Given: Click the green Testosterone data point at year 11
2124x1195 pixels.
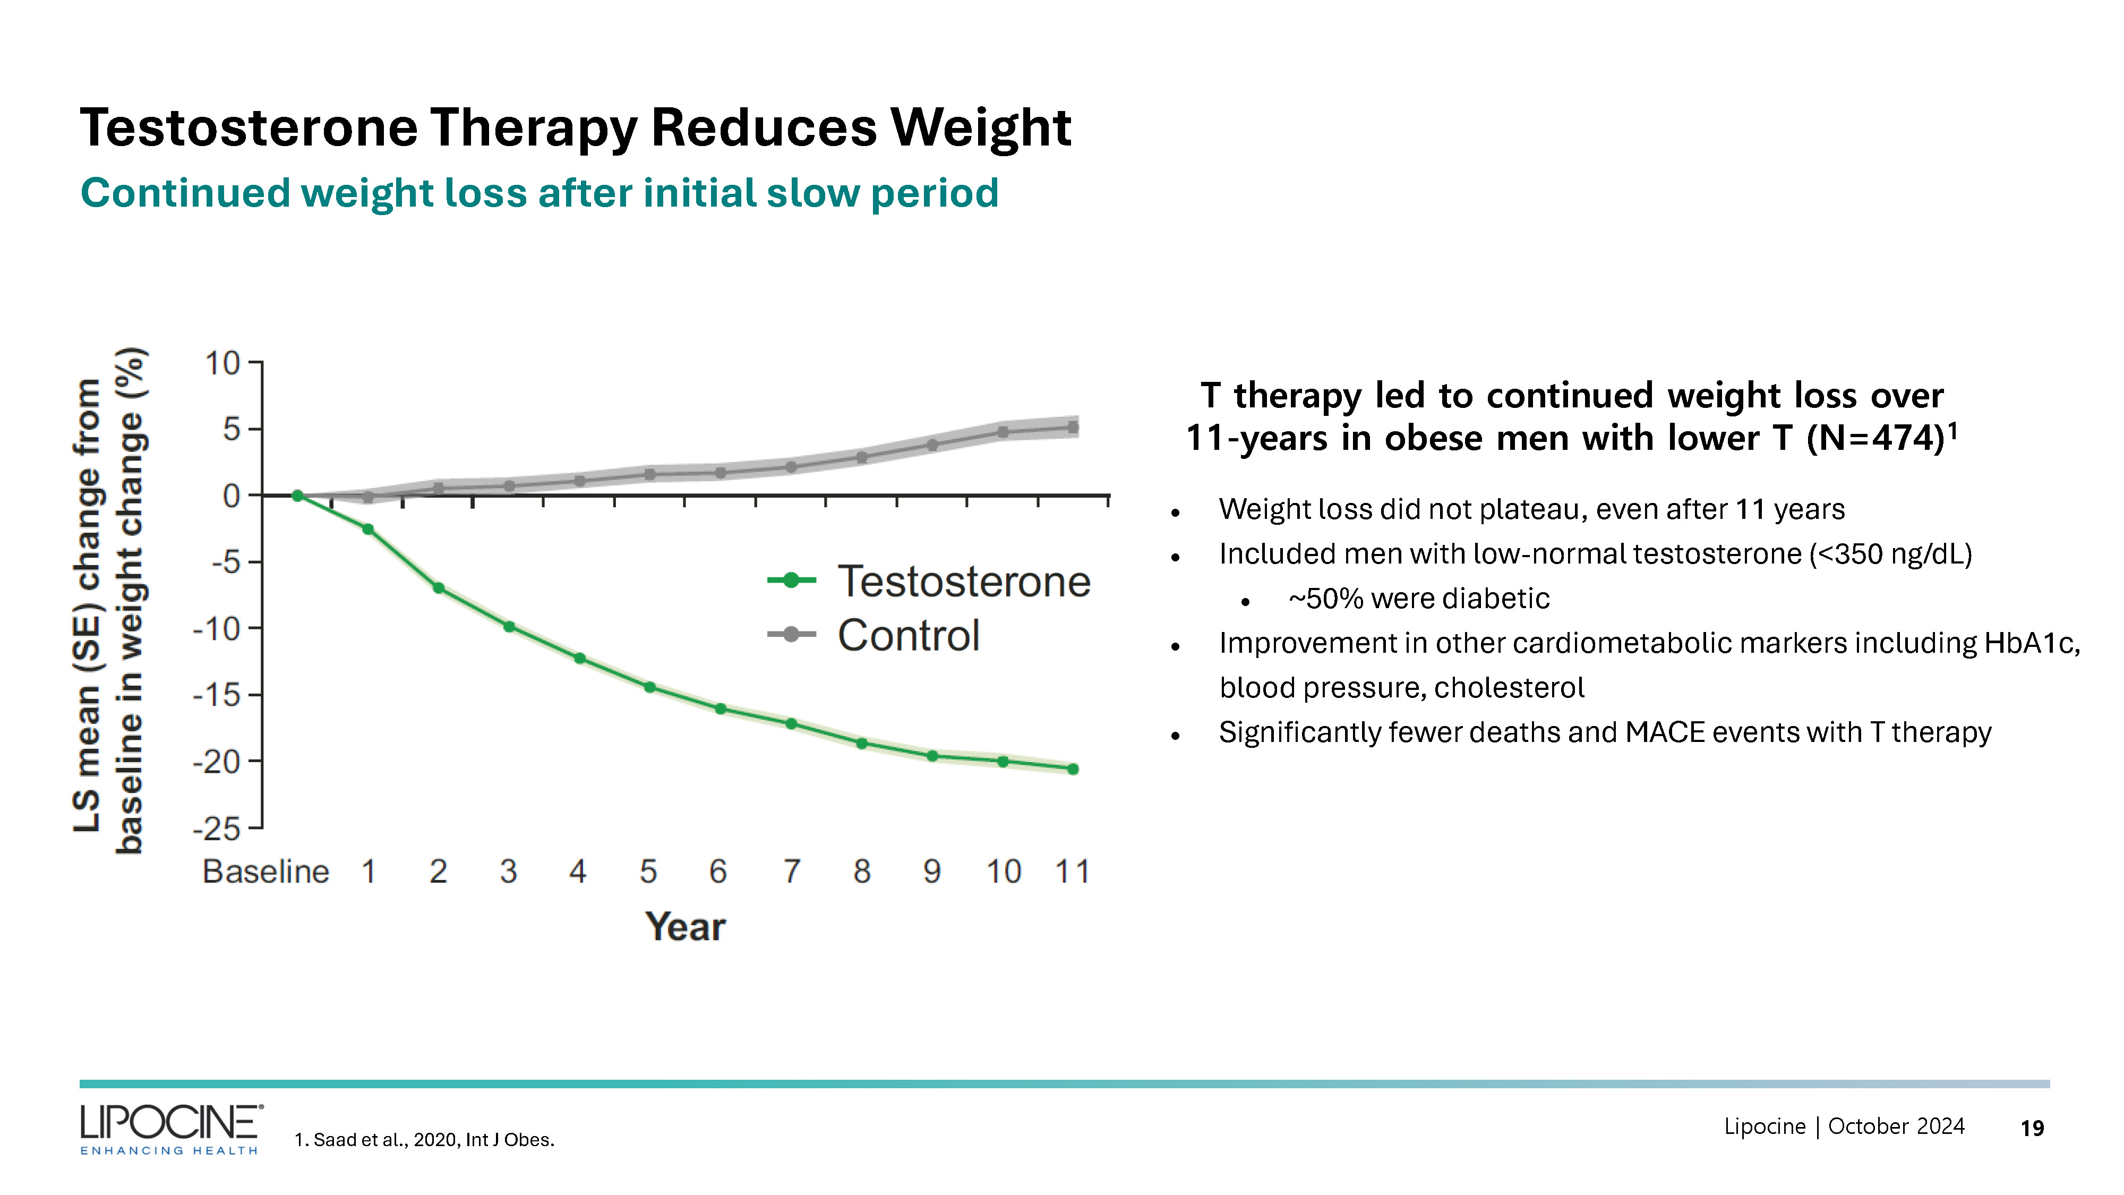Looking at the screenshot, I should pyautogui.click(x=1073, y=769).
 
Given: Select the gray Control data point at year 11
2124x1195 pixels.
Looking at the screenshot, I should pyautogui.click(x=1073, y=427).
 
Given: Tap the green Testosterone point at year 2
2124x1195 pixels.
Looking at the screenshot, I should pyautogui.click(x=439, y=588).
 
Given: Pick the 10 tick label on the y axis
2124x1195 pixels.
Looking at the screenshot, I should pyautogui.click(x=222, y=363).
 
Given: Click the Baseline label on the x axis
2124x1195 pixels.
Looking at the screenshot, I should pyautogui.click(x=265, y=872).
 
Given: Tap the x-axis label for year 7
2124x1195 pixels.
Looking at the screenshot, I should pyautogui.click(x=792, y=872).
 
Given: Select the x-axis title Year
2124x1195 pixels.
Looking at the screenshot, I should pyautogui.click(x=685, y=926).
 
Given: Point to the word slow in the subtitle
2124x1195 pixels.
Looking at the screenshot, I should pyautogui.click(x=812, y=193).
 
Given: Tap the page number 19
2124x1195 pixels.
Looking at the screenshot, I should pyautogui.click(x=2032, y=1128).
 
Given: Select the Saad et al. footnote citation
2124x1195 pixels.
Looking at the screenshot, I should pyautogui.click(x=425, y=1140).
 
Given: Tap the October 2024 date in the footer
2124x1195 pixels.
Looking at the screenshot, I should pyautogui.click(x=1896, y=1126).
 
